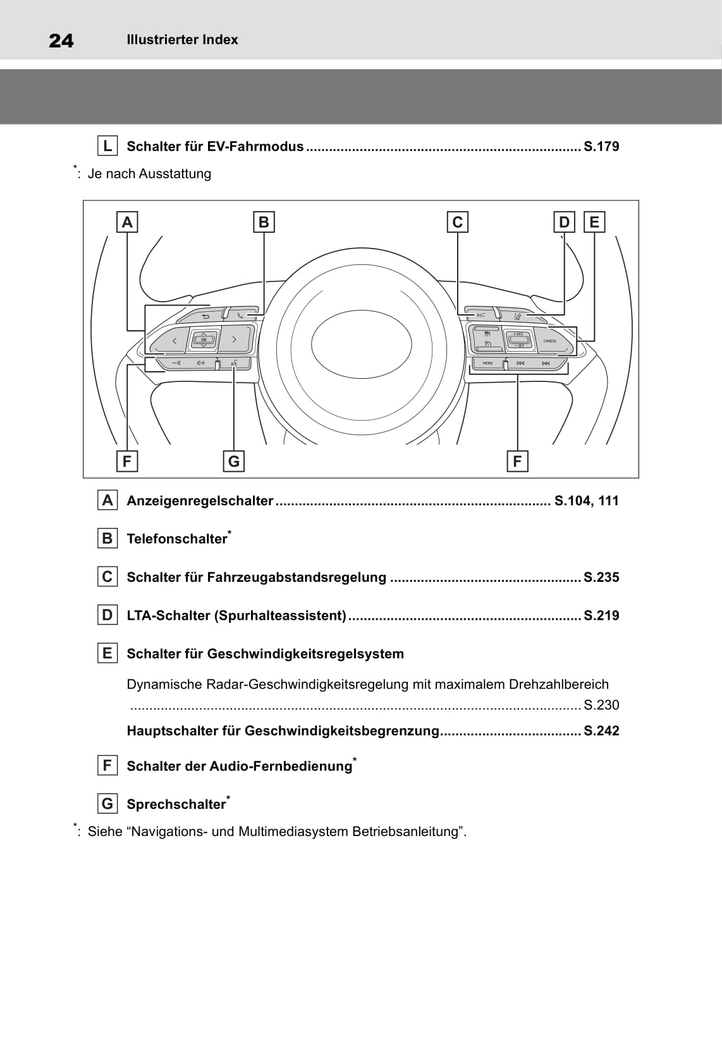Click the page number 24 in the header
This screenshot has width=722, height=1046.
[61, 40]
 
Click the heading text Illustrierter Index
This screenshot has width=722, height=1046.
[182, 40]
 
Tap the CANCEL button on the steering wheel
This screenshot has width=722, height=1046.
[551, 341]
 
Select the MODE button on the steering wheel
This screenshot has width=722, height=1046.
[487, 364]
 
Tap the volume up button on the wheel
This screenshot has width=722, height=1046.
[201, 363]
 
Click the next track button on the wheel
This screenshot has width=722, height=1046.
[546, 364]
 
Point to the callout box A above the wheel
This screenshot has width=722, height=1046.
[127, 222]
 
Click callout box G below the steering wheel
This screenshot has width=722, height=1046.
[234, 461]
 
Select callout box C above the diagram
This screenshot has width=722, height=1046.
[457, 222]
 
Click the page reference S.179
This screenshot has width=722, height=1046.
[601, 147]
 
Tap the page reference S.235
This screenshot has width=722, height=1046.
[601, 577]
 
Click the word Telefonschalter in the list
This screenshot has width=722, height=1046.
[176, 539]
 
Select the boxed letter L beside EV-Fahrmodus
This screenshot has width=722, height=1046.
[107, 146]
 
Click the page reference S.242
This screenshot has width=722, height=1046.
[601, 731]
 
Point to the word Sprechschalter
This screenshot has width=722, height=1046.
[176, 804]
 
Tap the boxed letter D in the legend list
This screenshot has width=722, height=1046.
[107, 615]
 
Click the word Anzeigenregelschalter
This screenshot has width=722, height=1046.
[200, 501]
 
